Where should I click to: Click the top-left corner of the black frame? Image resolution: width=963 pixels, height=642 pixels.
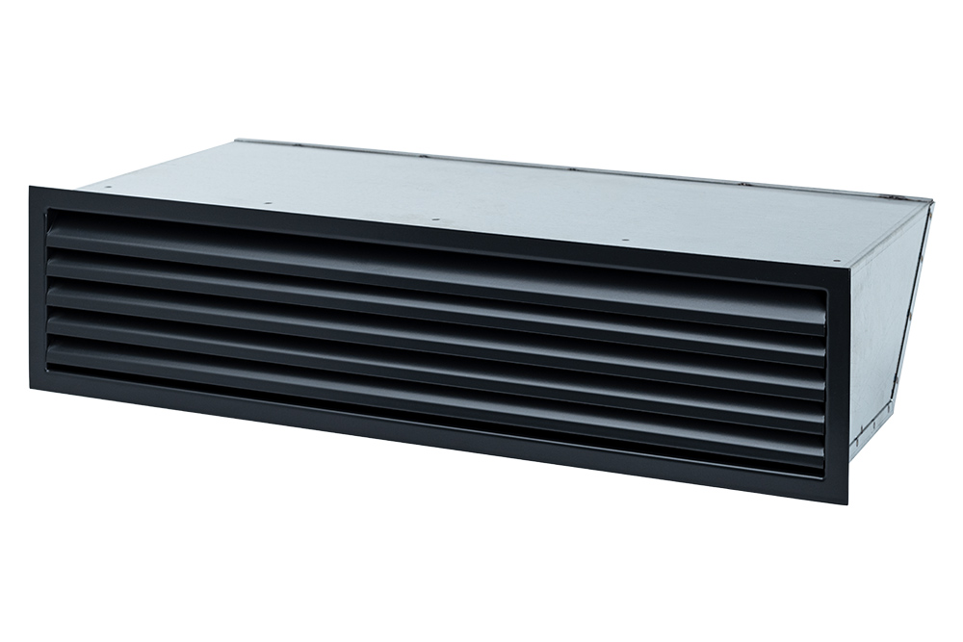pos(30,187)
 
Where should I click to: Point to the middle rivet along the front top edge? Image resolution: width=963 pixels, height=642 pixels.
pos(435,220)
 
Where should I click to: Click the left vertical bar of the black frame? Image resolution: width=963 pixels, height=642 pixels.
pos(39,289)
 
